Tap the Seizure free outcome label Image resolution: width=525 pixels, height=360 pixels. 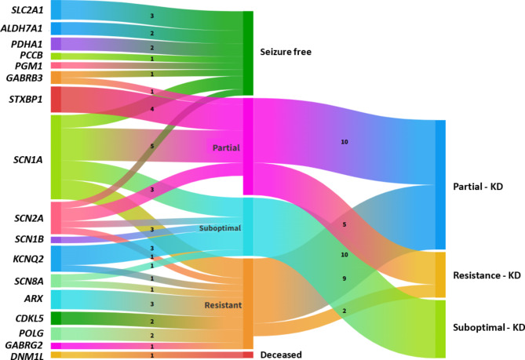[286, 53]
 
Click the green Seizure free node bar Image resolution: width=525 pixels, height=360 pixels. [248, 53]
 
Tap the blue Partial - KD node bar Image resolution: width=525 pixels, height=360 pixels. [439, 184]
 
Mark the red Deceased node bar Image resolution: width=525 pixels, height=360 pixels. [248, 355]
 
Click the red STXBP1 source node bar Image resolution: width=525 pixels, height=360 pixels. [56, 99]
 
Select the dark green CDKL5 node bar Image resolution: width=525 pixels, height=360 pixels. [56, 318]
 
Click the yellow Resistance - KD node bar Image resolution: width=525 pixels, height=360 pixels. [439, 275]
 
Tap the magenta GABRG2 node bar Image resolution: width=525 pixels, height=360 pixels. [56, 345]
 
